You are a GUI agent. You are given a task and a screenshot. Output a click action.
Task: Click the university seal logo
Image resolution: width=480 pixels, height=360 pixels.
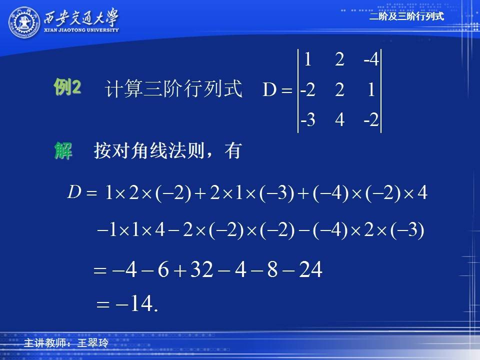[24, 22]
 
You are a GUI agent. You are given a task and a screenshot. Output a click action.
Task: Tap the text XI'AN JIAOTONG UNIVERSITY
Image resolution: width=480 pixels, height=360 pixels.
[81, 30]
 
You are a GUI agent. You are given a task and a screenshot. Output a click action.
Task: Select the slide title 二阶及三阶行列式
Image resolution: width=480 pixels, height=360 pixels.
[406, 16]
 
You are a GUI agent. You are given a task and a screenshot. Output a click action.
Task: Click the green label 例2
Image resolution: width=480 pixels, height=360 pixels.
[67, 87]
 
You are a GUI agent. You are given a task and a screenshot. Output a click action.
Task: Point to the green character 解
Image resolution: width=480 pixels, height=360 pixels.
[63, 150]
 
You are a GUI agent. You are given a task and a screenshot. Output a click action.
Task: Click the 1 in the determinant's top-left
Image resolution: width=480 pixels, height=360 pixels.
[308, 59]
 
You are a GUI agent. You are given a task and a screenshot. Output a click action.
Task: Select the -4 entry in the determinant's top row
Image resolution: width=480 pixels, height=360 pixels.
[371, 59]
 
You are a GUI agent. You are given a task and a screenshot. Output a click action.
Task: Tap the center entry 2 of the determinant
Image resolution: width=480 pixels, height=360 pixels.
[339, 89]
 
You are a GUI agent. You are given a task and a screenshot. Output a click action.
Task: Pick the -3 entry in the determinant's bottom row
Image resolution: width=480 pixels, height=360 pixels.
[307, 119]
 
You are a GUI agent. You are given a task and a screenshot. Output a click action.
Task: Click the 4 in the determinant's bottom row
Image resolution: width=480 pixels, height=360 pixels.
[340, 119]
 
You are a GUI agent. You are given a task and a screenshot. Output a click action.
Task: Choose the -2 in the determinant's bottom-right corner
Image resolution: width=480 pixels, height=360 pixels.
[371, 119]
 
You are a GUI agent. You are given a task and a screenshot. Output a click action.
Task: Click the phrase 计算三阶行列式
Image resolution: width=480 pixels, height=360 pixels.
[173, 89]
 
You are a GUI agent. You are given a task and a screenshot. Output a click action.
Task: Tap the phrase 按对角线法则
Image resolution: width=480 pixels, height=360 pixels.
[149, 150]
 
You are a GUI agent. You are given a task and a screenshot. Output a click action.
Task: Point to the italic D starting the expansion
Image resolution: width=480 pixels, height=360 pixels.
[74, 192]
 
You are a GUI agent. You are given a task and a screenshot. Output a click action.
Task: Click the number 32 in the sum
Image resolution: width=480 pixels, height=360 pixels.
[201, 269]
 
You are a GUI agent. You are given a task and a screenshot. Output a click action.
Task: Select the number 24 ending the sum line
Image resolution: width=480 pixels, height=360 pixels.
[310, 269]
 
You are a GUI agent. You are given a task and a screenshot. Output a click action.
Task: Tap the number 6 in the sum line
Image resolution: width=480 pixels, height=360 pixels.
[163, 269]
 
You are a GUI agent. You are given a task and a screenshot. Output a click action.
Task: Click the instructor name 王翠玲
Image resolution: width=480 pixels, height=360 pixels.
[93, 342]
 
